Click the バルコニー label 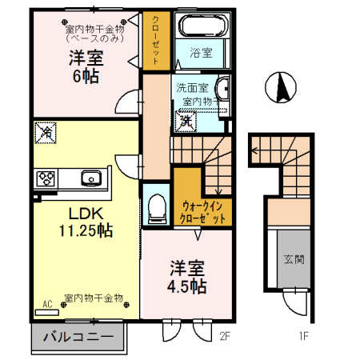pos(78,338)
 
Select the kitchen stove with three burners pos(45,178)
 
